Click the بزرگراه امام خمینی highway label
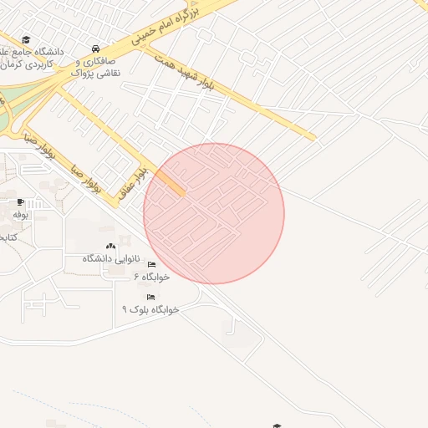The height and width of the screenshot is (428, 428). point(168,26)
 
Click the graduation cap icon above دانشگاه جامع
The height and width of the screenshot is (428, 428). point(26,40)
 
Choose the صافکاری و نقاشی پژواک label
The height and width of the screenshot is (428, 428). point(98,68)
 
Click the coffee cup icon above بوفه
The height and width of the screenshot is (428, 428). point(20,202)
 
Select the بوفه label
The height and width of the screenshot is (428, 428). point(20,214)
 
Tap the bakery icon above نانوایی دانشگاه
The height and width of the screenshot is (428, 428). point(111,247)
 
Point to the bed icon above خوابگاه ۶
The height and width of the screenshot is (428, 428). point(150,265)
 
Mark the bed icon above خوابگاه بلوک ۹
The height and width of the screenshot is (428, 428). point(150,297)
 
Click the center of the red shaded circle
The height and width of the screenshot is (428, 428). point(214,213)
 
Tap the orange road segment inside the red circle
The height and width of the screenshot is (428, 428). point(170,181)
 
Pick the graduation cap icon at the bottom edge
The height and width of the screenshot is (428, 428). point(277,425)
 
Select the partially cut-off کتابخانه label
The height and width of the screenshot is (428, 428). point(8,237)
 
